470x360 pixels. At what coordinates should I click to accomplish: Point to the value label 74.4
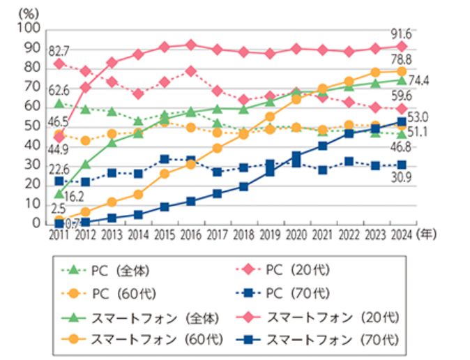[x=422, y=81]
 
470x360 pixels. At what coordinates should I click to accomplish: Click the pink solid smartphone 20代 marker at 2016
[x=190, y=45]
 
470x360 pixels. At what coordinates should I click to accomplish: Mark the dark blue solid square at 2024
[x=400, y=121]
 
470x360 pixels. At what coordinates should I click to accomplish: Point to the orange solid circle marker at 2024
[x=400, y=71]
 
